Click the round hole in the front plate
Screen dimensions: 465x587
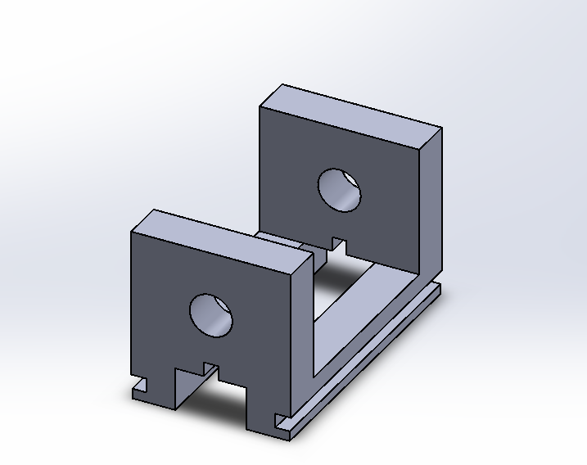[212, 315]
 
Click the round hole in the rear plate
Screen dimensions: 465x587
[340, 190]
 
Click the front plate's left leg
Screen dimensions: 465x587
[156, 385]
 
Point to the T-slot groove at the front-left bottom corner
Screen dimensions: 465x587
[142, 384]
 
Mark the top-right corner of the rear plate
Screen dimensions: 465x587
[441, 128]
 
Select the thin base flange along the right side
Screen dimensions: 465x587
[368, 360]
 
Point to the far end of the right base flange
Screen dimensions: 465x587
[439, 288]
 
